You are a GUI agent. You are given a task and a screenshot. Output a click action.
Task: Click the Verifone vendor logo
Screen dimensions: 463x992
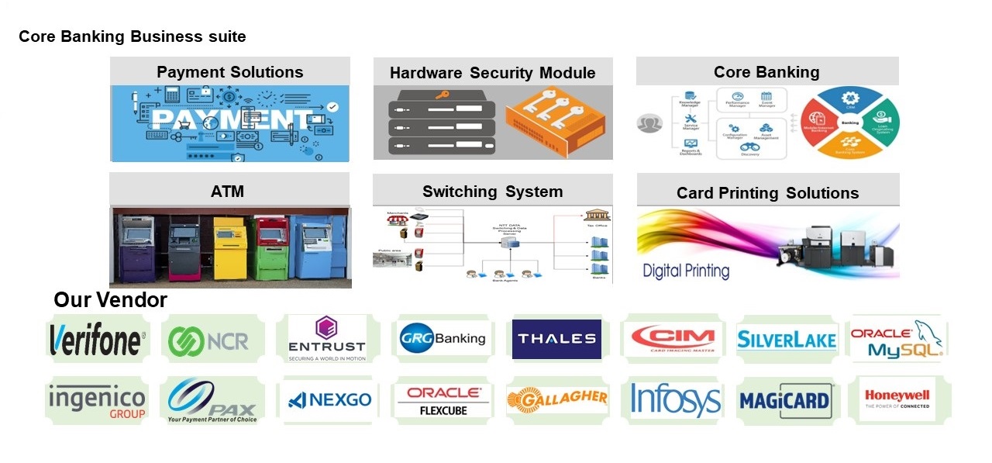[x=97, y=340]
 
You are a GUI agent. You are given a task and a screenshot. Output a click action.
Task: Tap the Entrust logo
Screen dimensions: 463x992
[x=326, y=339]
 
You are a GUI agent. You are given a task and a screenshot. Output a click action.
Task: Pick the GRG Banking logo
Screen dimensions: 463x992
[x=443, y=338]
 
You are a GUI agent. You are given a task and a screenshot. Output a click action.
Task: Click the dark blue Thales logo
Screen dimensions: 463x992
[x=556, y=339]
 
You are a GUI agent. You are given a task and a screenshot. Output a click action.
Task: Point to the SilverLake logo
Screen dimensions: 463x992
[x=787, y=340]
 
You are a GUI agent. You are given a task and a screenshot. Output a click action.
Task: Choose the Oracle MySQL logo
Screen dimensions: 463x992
[x=897, y=340]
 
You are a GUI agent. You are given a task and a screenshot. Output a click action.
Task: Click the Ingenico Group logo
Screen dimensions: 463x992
[x=97, y=401]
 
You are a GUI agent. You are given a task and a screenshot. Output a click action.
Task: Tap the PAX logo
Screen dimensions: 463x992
[x=212, y=401]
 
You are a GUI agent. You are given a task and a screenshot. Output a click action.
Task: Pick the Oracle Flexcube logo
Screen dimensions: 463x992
[x=443, y=400]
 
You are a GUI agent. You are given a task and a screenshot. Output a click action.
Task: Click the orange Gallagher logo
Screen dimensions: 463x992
[x=556, y=399]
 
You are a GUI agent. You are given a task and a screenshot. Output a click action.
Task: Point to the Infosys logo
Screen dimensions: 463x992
[x=676, y=400]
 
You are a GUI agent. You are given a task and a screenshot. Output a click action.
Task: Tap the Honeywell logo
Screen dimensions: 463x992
[x=897, y=399]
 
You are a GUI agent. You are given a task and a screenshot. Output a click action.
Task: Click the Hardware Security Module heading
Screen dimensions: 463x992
[x=492, y=73]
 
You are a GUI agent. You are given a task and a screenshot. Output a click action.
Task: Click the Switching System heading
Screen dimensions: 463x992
[x=492, y=192]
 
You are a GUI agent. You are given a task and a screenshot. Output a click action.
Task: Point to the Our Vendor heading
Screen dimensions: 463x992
[x=110, y=300]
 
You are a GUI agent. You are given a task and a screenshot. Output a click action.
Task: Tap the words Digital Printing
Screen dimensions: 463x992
[x=686, y=271]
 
